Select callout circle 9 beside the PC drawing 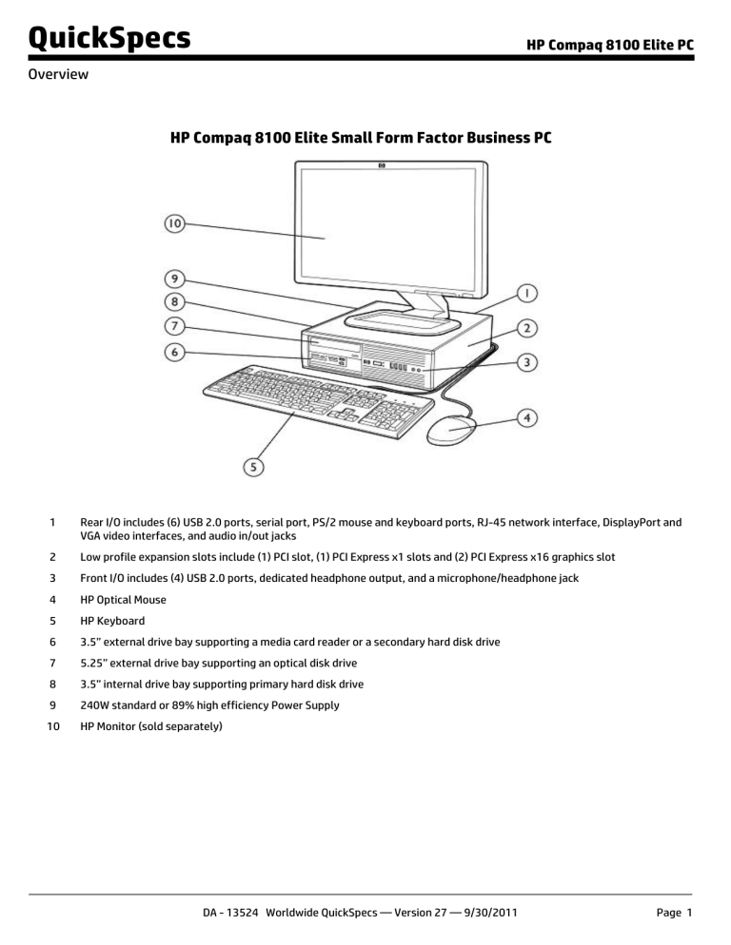pyautogui.click(x=173, y=280)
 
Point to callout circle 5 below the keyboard pyautogui.click(x=256, y=467)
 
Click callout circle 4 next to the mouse pyautogui.click(x=526, y=417)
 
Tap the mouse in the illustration pyautogui.click(x=449, y=432)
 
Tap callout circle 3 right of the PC pyautogui.click(x=526, y=362)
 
